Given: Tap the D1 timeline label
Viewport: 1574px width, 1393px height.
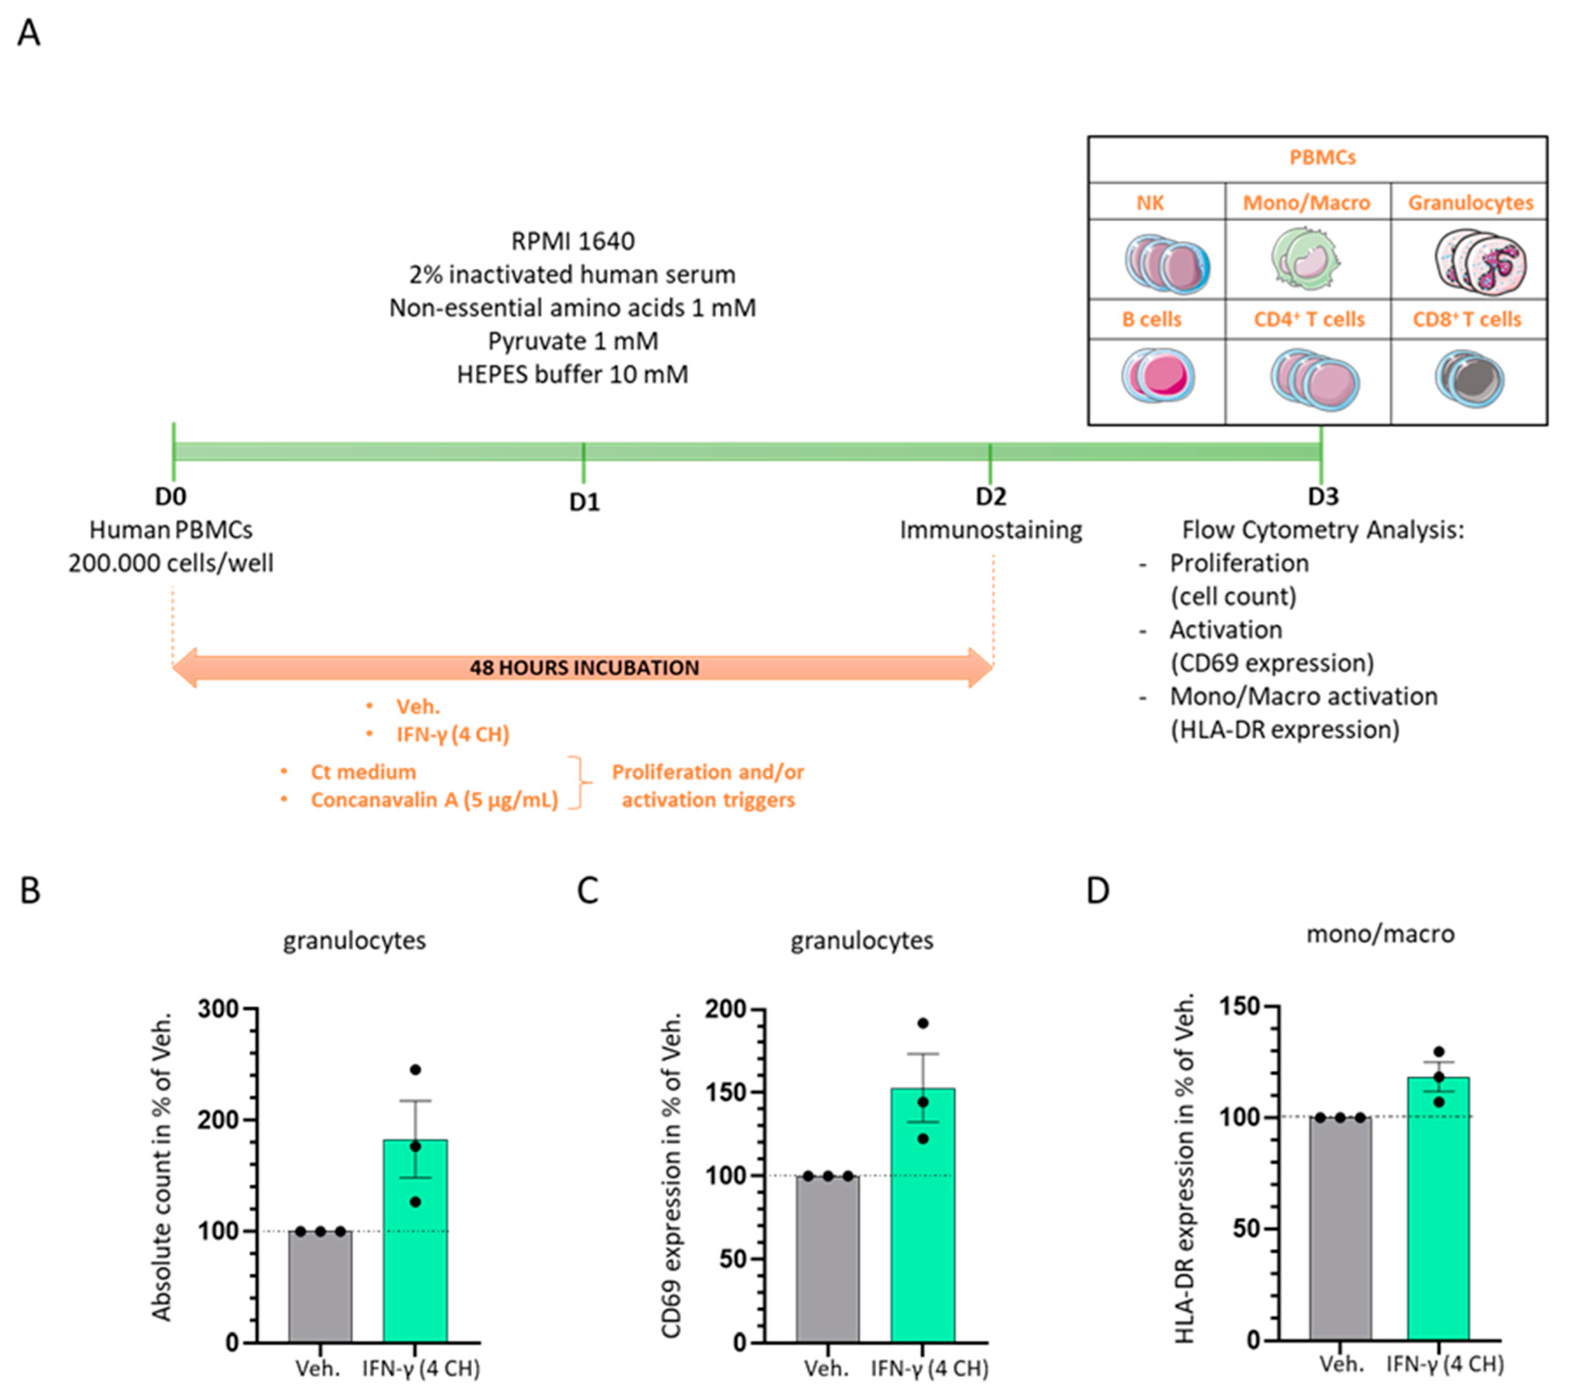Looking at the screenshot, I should (x=583, y=502).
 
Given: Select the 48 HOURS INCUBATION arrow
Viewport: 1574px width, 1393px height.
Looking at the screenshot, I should (x=583, y=667).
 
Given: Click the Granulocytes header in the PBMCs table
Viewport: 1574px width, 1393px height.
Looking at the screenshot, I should (x=1470, y=203).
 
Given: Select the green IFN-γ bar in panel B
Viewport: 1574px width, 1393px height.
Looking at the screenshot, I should (x=415, y=1240).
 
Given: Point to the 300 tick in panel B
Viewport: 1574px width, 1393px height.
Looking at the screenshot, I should (x=218, y=1009).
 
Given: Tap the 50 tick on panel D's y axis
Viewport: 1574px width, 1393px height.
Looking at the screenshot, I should (x=1245, y=1229).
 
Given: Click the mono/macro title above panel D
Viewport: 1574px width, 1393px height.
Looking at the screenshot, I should (x=1380, y=934).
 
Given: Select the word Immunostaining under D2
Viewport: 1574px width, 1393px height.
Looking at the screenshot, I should (x=990, y=530).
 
